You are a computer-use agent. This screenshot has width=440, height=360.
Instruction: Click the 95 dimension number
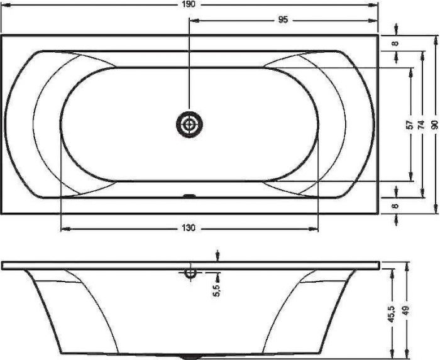283,20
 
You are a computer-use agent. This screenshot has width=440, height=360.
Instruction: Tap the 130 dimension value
190,228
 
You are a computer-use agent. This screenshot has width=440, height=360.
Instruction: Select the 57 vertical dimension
410,124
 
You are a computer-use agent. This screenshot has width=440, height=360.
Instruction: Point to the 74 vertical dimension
421,124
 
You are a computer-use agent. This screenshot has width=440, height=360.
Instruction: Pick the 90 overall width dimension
434,124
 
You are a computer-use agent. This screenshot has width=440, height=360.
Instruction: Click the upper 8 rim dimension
395,43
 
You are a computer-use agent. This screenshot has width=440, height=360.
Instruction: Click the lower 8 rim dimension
395,206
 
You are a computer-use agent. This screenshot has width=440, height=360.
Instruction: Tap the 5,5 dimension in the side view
217,290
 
